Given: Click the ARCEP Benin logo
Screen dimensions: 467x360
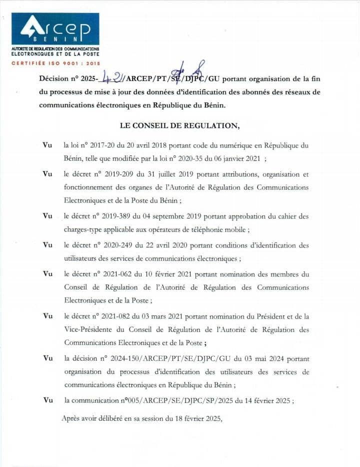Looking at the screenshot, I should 55,29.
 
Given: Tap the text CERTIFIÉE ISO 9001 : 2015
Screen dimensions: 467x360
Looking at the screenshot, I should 55,63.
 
